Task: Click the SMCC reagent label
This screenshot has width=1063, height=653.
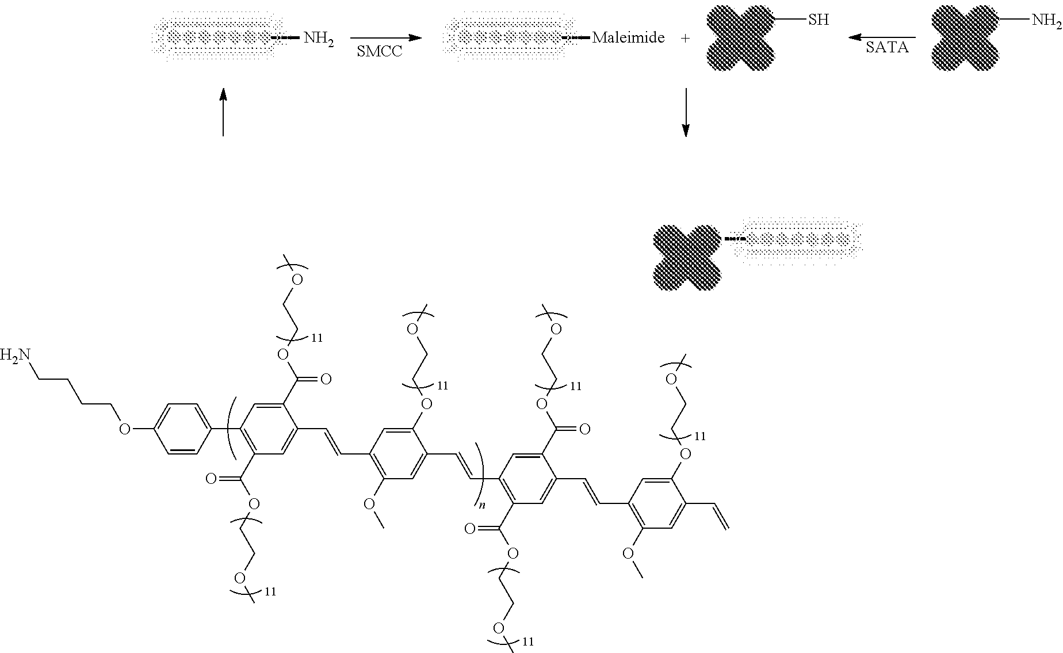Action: [379, 51]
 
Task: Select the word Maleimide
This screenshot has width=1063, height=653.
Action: [628, 39]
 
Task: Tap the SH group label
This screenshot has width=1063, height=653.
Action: [819, 20]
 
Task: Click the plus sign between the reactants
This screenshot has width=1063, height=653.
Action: [685, 39]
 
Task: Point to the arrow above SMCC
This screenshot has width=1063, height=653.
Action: [386, 38]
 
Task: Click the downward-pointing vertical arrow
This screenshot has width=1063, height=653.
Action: [685, 113]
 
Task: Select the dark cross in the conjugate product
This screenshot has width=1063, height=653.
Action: [686, 257]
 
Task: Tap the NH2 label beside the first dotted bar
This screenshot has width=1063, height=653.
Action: [319, 40]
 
